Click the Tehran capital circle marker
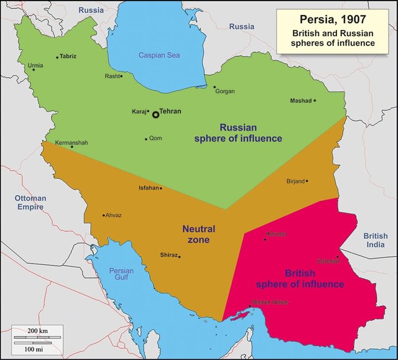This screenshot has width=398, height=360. [x=155, y=114]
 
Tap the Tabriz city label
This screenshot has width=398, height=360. [x=68, y=56]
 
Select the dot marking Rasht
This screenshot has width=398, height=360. [x=121, y=76]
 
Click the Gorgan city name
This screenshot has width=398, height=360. [x=224, y=91]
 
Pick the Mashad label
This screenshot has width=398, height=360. [x=300, y=101]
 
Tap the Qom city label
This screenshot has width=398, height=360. [x=155, y=138]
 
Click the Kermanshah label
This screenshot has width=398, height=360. [x=72, y=142]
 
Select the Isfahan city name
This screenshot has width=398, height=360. [x=148, y=188]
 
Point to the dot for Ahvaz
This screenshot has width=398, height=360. [x=103, y=216]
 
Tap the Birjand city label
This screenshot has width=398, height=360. [x=295, y=181]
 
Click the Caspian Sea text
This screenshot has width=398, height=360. [x=159, y=55]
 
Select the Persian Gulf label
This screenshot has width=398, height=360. [x=121, y=275]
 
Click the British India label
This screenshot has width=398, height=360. [x=376, y=241]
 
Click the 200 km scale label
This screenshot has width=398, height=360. [x=37, y=330]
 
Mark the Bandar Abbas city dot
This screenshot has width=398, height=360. [x=251, y=306]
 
